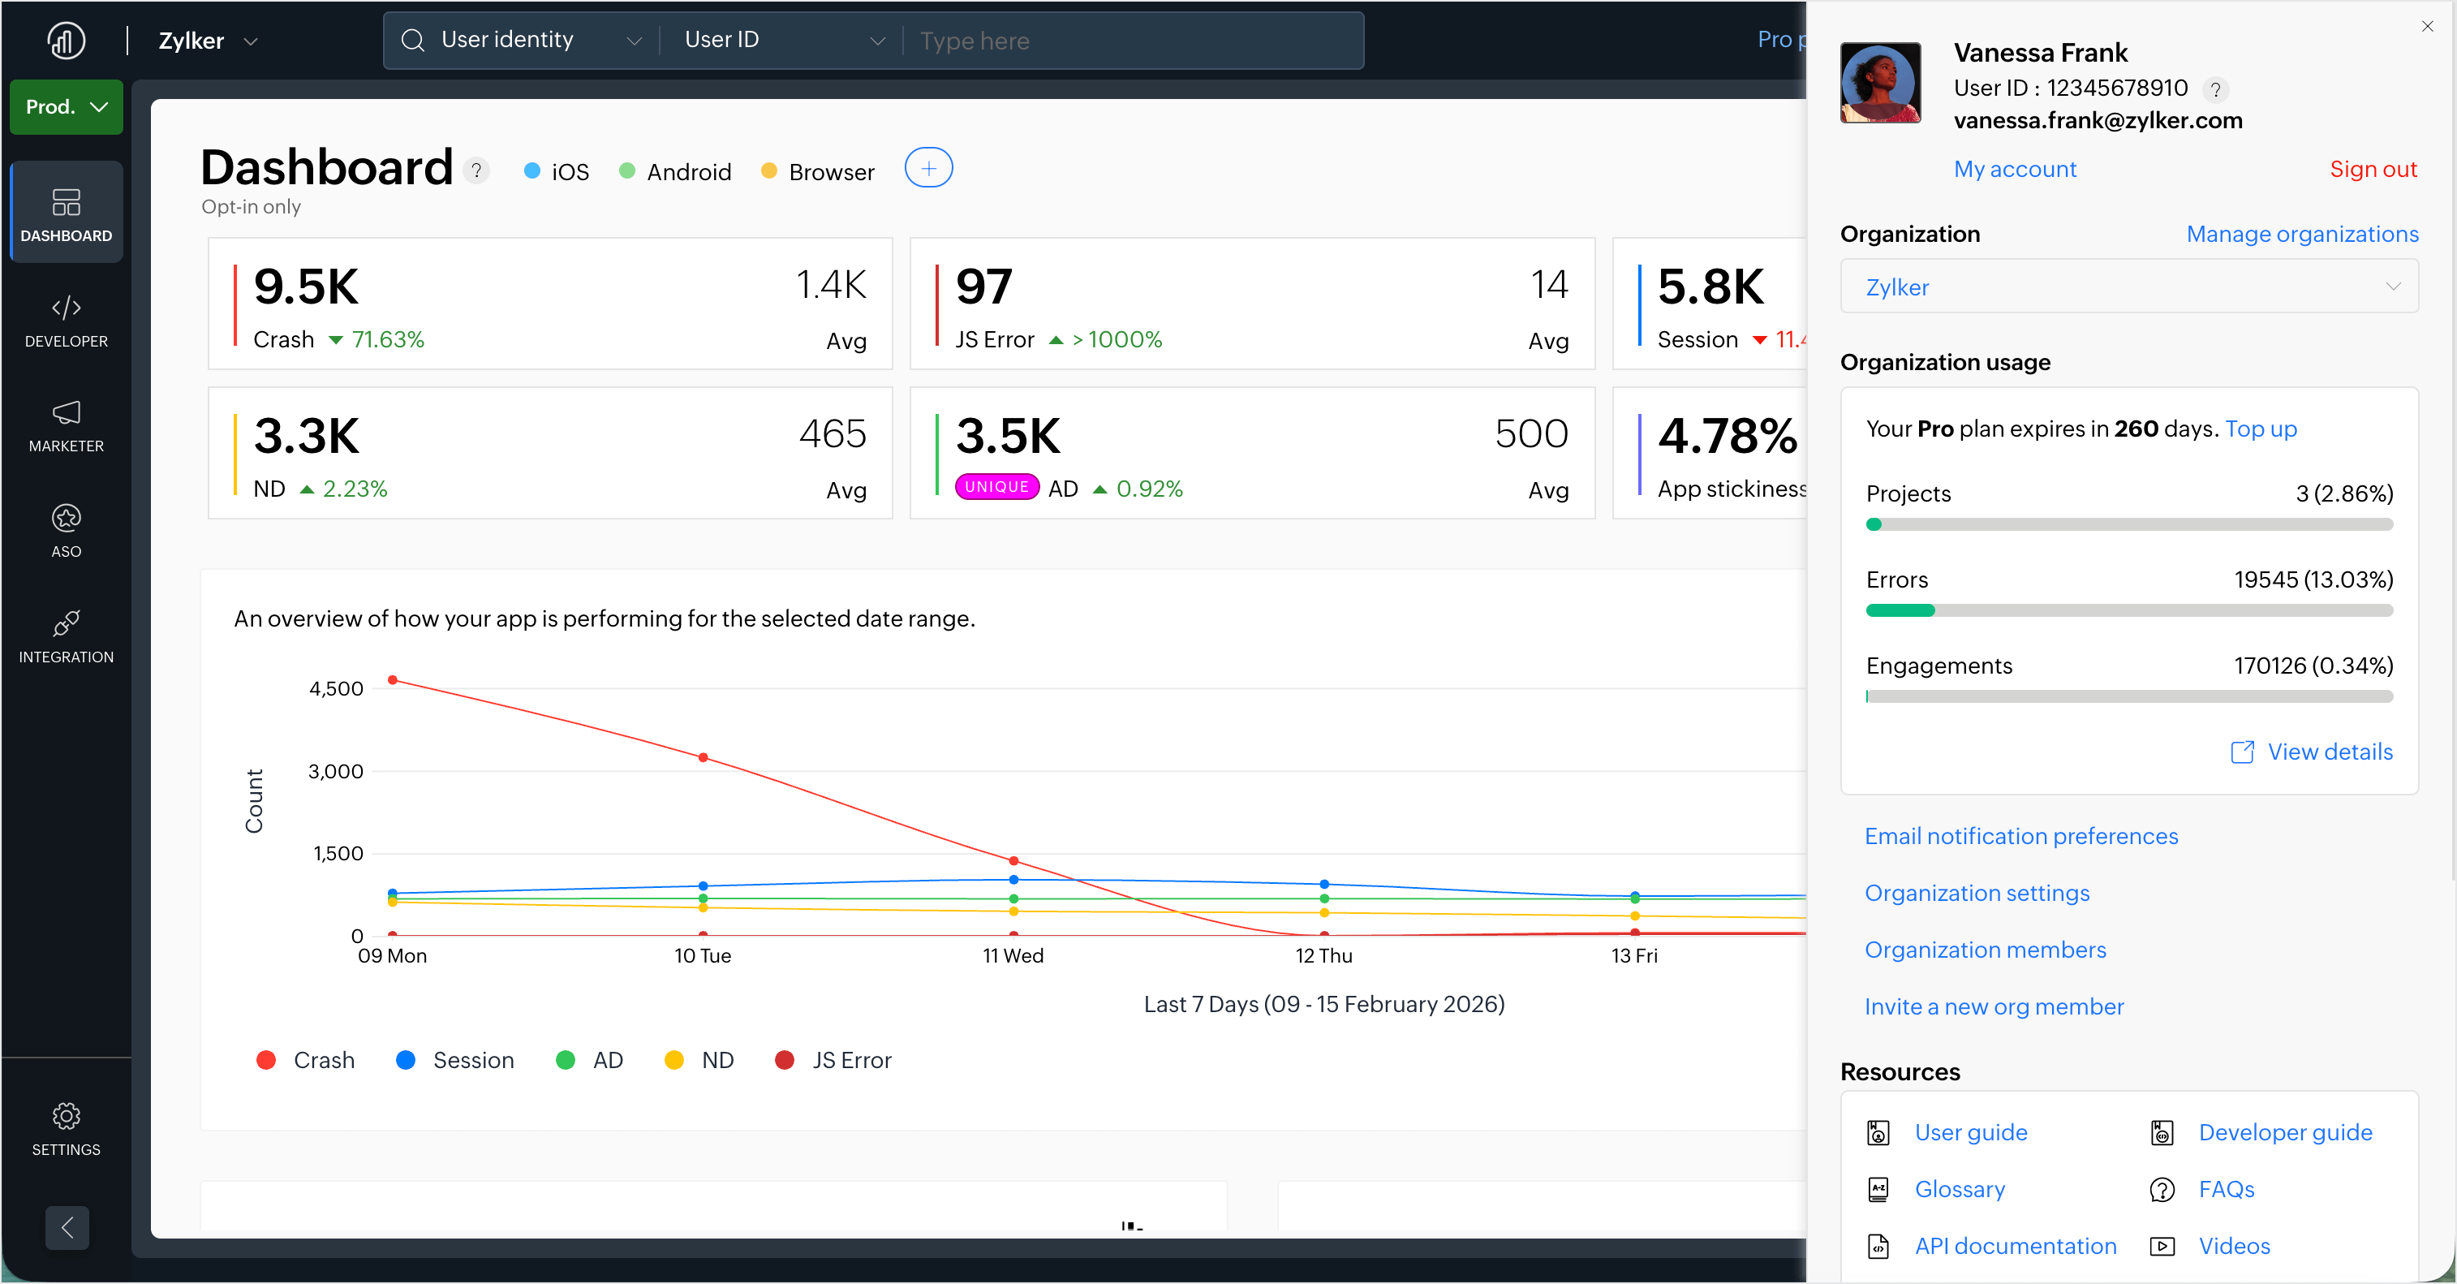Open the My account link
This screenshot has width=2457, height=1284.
[2015, 169]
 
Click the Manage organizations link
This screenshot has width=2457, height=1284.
[2301, 234]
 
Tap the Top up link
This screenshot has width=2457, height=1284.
[2261, 429]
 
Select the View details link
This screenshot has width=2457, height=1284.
[2328, 752]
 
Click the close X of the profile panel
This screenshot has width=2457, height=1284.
[2426, 27]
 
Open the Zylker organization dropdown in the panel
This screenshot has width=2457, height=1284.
[2128, 287]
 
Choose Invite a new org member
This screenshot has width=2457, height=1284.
[1994, 1006]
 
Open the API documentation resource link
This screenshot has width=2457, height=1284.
[2015, 1246]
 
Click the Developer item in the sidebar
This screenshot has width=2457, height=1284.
[66, 321]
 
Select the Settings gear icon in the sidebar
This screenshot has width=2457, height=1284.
[66, 1115]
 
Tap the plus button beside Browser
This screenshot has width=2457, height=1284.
[928, 169]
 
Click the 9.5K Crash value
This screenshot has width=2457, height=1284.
[306, 287]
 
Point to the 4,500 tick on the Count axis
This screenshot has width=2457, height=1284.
[336, 689]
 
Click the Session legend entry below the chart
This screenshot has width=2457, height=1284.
[455, 1060]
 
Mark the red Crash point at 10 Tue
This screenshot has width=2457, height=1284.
[703, 757]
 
